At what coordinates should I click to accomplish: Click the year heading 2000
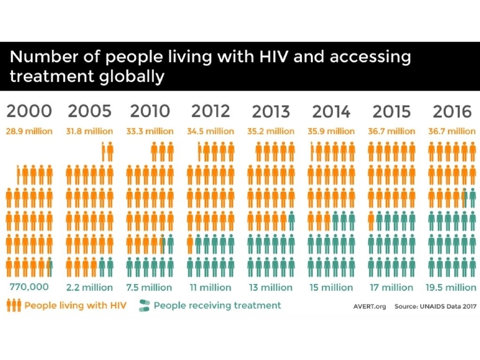[x=29, y=111]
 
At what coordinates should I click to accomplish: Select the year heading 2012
[x=210, y=111]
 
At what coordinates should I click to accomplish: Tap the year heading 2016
[x=452, y=111]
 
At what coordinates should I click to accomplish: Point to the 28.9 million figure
[x=29, y=131]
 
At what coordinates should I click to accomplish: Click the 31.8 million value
[x=90, y=131]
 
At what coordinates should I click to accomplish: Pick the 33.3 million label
[x=150, y=131]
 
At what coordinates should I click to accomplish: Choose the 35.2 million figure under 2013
[x=270, y=131]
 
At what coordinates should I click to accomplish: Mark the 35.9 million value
[x=331, y=131]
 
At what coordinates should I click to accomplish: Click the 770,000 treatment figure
[x=29, y=287]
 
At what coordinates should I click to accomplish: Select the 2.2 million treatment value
[x=90, y=287]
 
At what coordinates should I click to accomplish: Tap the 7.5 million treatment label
[x=149, y=287]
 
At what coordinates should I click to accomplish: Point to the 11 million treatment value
[x=210, y=287]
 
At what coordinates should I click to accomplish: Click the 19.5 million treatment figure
[x=451, y=287]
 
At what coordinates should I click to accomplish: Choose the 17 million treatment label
[x=391, y=287]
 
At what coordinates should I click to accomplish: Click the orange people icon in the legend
[x=14, y=306]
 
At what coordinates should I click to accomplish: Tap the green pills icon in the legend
[x=144, y=306]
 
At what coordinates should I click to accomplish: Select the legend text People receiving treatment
[x=217, y=306]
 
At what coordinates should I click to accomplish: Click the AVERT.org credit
[x=369, y=307]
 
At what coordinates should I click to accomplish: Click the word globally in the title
[x=132, y=76]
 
